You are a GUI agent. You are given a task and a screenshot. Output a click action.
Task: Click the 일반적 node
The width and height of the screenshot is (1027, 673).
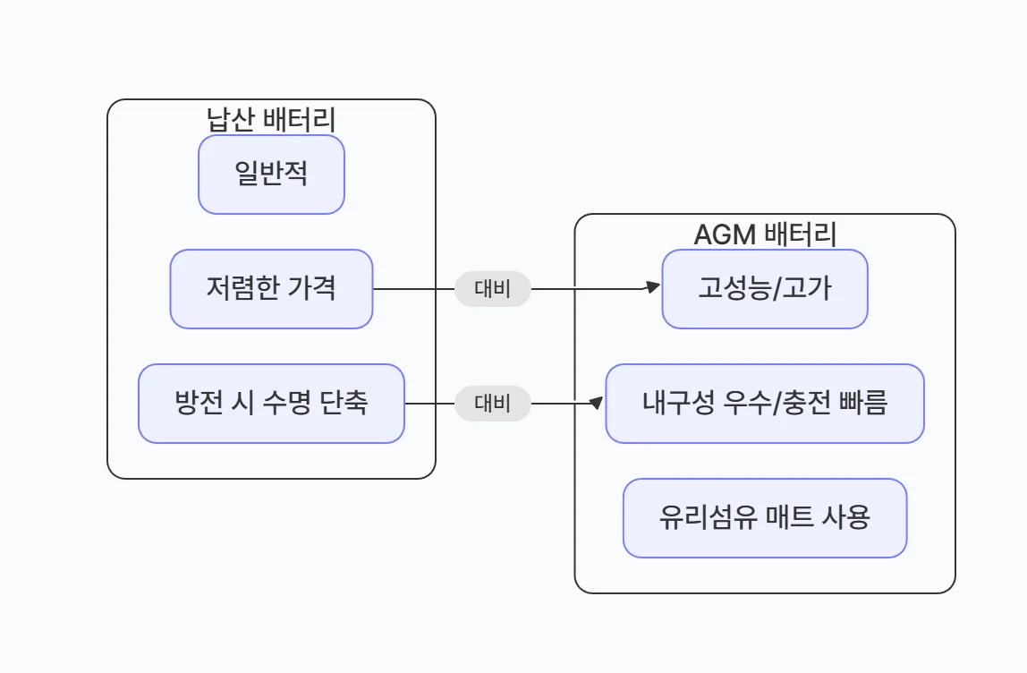271,175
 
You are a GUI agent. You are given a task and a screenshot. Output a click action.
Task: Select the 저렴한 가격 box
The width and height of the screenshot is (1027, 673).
271,289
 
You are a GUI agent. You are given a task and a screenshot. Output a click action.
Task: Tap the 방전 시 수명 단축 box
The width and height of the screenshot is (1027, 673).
271,404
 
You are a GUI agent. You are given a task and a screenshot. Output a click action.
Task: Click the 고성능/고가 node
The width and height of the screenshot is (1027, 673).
765,289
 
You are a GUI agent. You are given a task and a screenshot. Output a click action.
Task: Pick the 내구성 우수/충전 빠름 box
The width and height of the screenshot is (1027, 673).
765,404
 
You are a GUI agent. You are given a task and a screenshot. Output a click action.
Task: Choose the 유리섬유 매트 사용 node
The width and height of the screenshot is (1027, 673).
765,518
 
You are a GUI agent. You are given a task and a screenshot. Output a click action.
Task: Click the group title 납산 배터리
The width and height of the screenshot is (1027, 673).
271,119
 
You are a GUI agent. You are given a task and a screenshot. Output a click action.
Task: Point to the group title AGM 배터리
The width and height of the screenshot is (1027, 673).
765,234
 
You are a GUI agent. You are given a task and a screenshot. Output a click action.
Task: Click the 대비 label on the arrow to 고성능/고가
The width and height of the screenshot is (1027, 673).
493,289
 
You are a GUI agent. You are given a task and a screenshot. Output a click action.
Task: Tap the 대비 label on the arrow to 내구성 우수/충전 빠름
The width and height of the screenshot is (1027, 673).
493,404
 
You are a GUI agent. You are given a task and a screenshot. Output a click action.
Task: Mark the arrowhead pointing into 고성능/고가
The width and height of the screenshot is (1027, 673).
653,288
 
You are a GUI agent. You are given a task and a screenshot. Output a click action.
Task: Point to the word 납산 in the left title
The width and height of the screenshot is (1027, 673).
230,119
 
